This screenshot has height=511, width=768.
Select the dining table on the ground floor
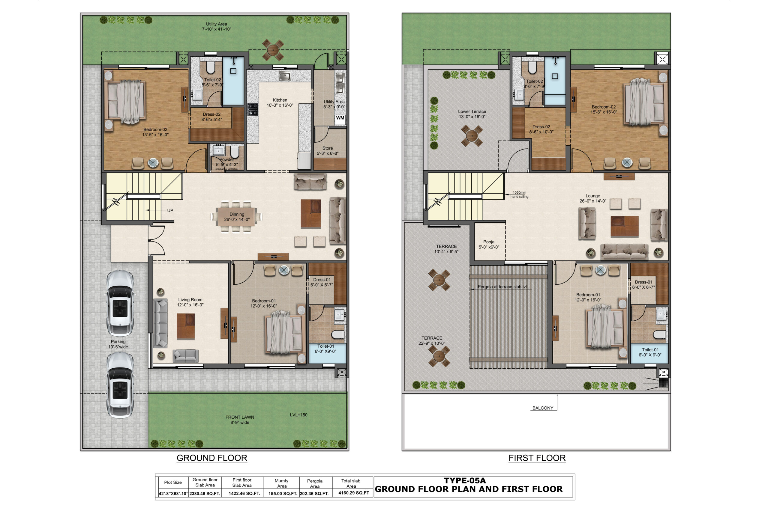[236, 216]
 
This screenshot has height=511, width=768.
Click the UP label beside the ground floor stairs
[170, 210]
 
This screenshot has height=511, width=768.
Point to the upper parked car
[120, 303]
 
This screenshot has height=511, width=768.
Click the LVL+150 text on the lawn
[298, 415]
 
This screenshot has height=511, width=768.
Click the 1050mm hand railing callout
[519, 195]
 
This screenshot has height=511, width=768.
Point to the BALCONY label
[543, 408]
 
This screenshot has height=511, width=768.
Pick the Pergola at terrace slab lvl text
[502, 287]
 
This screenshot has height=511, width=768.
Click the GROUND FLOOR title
[211, 458]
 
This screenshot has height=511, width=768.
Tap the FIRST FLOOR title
[537, 458]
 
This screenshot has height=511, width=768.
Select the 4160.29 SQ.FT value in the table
[353, 493]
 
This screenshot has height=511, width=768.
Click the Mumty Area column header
[281, 483]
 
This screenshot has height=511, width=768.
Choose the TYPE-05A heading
[465, 480]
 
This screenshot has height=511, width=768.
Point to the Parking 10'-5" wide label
[118, 344]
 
